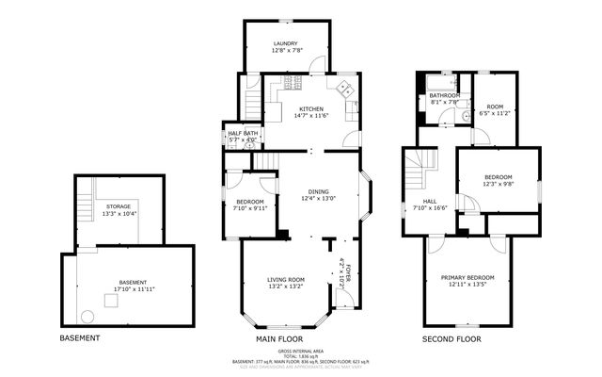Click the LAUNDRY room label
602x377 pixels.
tap(286, 44)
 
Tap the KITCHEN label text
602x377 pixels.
tap(311, 108)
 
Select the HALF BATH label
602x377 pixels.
tap(243, 134)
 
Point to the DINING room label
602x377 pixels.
tap(318, 192)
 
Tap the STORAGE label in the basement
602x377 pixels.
tap(118, 206)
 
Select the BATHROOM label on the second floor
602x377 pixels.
tap(444, 95)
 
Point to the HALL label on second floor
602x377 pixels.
tap(429, 201)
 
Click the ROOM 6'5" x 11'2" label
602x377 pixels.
tap(495, 107)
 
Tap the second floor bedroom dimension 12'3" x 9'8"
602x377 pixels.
tap(498, 184)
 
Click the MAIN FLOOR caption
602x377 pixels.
tap(279, 337)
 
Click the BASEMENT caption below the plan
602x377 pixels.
tap(81, 337)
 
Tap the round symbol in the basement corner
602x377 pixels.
tap(87, 316)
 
